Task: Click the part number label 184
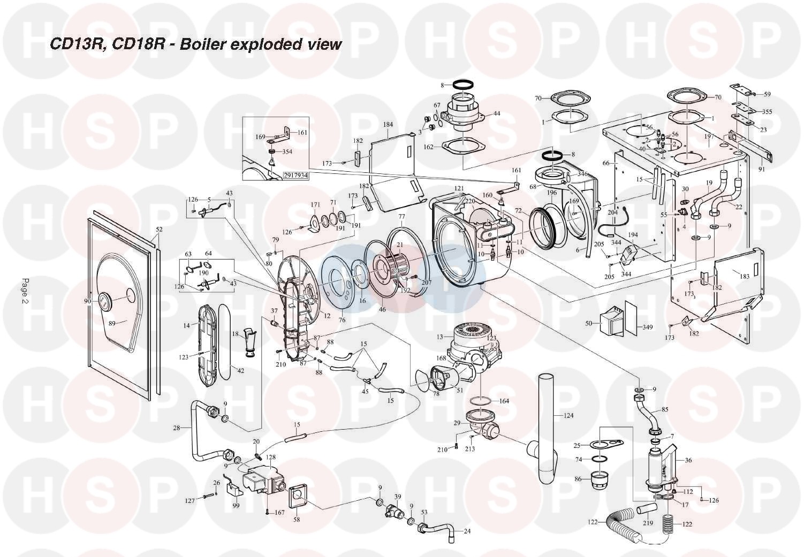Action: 388,125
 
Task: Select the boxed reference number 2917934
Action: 295,175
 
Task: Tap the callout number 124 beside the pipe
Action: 568,415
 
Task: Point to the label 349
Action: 648,327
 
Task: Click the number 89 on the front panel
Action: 112,323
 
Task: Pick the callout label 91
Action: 762,170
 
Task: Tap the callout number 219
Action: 648,523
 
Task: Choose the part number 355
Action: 767,112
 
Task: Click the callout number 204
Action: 613,212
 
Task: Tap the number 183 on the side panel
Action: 744,277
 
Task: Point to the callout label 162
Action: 428,147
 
